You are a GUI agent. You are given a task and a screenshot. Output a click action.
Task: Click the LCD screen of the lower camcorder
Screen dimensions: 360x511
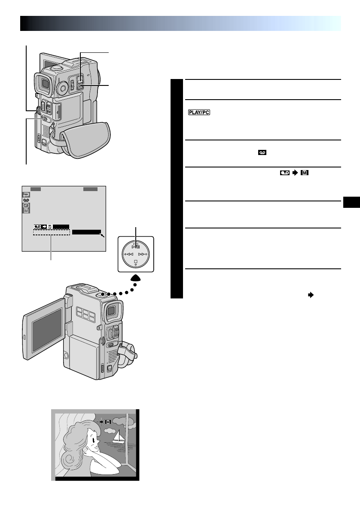(46, 328)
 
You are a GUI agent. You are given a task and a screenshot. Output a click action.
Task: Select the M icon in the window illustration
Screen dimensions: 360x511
(108, 422)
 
